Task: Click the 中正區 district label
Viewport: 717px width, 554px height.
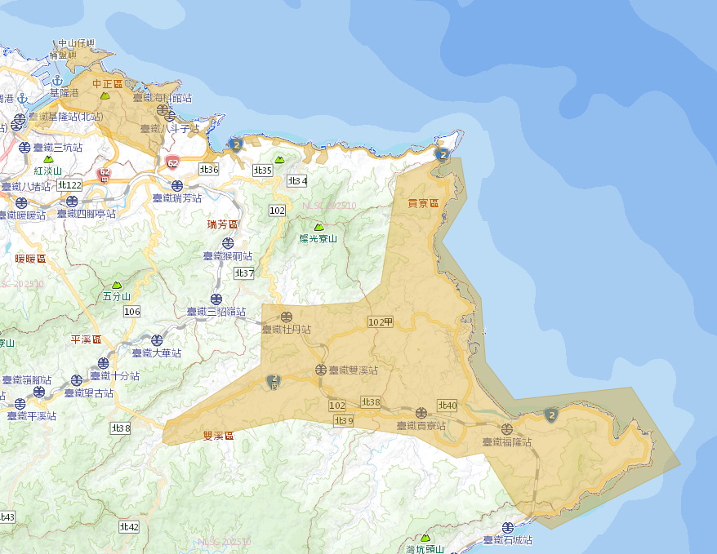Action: point(107,83)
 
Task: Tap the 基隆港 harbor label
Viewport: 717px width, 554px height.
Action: point(65,93)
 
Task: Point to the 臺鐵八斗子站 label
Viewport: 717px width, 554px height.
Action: point(169,129)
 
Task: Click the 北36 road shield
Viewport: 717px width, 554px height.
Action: point(208,169)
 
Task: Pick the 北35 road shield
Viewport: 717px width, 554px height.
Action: point(262,170)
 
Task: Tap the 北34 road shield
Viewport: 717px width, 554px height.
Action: point(296,180)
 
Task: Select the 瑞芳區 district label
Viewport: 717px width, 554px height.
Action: point(222,224)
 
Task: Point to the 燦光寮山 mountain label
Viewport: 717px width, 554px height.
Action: point(318,238)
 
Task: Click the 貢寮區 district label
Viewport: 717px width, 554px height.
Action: point(423,202)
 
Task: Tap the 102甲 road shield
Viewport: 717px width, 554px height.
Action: point(381,321)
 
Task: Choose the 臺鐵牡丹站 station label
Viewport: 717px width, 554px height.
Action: point(286,330)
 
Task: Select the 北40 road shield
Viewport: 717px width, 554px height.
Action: point(448,405)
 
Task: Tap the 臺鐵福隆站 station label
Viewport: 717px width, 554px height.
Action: point(507,442)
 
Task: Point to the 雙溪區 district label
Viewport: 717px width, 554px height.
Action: point(218,436)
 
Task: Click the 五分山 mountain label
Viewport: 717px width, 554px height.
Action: point(117,297)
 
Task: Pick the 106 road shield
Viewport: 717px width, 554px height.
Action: point(132,312)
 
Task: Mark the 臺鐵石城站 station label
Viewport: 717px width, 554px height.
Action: point(507,540)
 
